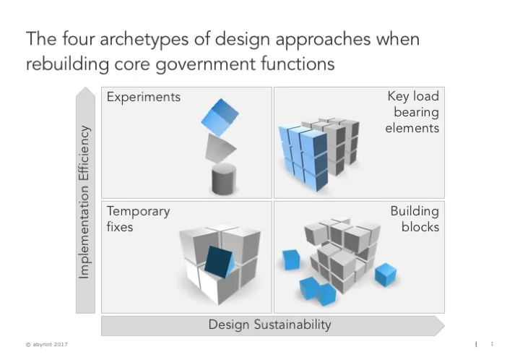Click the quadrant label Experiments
point(144,97)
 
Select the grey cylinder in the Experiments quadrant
point(224,179)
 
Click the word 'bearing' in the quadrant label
point(416,112)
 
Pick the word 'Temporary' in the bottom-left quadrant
point(138,211)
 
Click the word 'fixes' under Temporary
point(120,227)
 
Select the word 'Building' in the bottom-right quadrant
point(415,211)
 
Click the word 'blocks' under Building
point(420,227)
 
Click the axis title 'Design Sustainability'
point(270,325)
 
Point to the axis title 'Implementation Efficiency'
point(85,202)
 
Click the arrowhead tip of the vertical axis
point(85,90)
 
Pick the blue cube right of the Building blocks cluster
point(385,274)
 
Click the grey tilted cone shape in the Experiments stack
point(220,147)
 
